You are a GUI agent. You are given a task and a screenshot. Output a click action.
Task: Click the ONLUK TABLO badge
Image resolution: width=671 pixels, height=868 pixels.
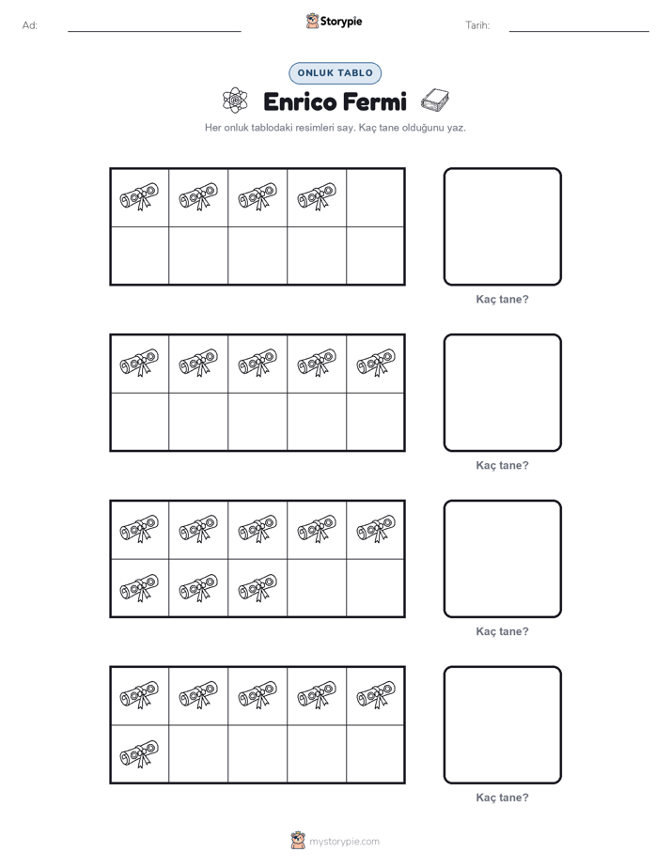pyautogui.click(x=335, y=73)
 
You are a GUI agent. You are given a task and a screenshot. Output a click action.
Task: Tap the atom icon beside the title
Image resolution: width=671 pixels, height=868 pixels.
pyautogui.click(x=235, y=101)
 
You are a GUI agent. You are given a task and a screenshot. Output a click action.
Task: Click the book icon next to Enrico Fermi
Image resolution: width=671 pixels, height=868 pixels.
pyautogui.click(x=434, y=101)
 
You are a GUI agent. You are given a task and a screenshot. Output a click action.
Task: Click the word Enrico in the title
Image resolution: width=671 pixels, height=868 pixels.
pyautogui.click(x=300, y=101)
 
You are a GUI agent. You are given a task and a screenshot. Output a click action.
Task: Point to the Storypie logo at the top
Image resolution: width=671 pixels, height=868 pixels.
pyautogui.click(x=335, y=21)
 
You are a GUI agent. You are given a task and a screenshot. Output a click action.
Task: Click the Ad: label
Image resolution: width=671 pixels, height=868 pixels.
pyautogui.click(x=30, y=25)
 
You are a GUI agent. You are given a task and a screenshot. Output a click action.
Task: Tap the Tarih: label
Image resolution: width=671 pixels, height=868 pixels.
pyautogui.click(x=477, y=25)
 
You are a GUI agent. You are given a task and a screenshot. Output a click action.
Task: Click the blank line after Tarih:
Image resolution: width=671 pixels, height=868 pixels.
pyautogui.click(x=579, y=32)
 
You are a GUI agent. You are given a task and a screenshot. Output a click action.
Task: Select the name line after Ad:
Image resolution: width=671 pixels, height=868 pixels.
pyautogui.click(x=154, y=32)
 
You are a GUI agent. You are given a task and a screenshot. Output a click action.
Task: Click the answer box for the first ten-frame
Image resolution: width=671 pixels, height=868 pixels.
pyautogui.click(x=502, y=227)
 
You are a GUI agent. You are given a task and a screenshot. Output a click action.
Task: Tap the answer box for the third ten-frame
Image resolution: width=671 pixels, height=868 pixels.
pyautogui.click(x=502, y=559)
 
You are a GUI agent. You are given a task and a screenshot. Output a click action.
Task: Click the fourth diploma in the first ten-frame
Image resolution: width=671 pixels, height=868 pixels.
pyautogui.click(x=317, y=196)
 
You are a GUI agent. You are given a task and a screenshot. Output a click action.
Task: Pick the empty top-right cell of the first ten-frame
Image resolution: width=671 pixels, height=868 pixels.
pyautogui.click(x=375, y=197)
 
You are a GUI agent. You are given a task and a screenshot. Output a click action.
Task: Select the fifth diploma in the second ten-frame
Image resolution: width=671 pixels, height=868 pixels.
pyautogui.click(x=376, y=363)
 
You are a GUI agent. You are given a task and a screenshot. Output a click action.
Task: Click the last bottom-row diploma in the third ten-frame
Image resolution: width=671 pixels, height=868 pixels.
pyautogui.click(x=257, y=587)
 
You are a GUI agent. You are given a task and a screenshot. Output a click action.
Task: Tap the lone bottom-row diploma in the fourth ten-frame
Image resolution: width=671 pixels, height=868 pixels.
pyautogui.click(x=139, y=753)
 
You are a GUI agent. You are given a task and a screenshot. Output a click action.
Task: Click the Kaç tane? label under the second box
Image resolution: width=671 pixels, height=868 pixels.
pyautogui.click(x=502, y=466)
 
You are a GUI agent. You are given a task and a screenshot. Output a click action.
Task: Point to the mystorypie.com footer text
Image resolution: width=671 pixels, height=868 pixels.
pyautogui.click(x=344, y=842)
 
